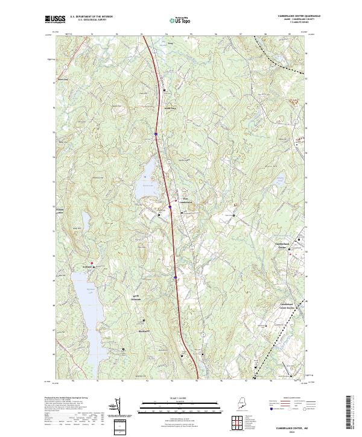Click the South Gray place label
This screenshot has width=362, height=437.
coord(170,108)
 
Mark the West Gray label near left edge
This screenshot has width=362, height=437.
coord(63,78)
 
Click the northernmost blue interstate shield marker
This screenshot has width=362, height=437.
coord(156,134)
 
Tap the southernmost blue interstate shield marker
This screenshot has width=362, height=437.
coord(175,277)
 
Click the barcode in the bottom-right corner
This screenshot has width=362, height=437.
coord(352,415)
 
